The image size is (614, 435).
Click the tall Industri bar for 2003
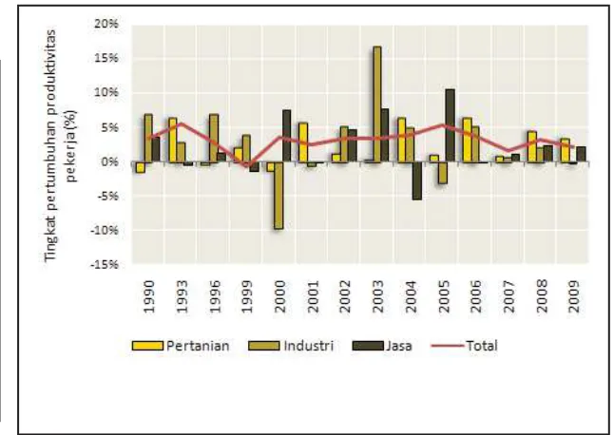tap(376, 104)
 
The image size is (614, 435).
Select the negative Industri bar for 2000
tap(278, 196)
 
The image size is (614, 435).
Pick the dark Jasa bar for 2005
tap(451, 125)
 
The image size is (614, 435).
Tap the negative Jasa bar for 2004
tap(417, 180)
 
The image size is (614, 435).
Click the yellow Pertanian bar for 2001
tap(303, 142)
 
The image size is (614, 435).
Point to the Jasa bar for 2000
tap(287, 136)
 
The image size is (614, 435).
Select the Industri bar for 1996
tap(214, 138)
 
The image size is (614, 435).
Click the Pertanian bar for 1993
tap(173, 140)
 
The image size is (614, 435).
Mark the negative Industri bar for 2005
tap(443, 173)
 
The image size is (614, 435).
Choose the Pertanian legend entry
tap(181, 346)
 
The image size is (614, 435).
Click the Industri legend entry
tap(291, 346)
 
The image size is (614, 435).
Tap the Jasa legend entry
tap(382, 346)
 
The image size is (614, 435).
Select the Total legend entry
tap(465, 346)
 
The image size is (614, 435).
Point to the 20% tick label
tap(106, 24)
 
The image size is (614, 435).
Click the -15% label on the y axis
tap(105, 265)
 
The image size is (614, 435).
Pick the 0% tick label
tap(109, 162)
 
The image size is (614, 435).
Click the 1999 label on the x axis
tap(247, 296)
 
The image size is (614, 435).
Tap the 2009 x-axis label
tap(574, 296)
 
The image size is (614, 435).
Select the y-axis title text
tap(60, 144)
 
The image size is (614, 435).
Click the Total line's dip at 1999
tap(247, 166)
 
